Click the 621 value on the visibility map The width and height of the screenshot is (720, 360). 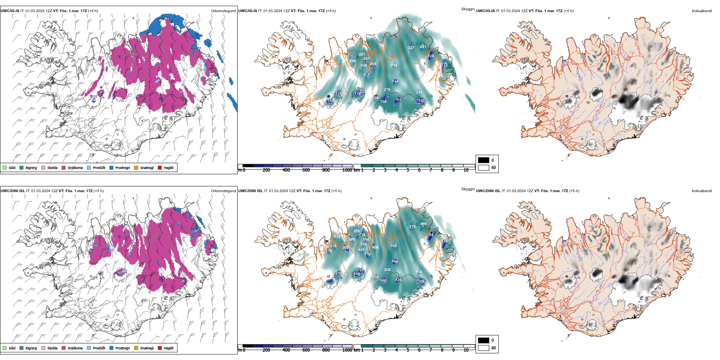point(423,47)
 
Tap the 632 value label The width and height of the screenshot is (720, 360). point(337,236)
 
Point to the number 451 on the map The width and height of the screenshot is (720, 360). point(361,250)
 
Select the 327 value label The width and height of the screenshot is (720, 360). point(411,48)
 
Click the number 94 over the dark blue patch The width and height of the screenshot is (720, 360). point(431,235)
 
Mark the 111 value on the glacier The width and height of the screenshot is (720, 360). point(399,100)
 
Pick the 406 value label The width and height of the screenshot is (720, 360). point(375,247)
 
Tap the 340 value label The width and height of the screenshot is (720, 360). point(352,61)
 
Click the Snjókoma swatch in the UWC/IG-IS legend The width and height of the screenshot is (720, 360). point(64,168)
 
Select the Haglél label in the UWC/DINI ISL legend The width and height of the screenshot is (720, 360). point(169,348)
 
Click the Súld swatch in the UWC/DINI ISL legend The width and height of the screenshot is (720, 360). point(5,348)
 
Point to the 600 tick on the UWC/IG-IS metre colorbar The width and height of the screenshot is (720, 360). point(306,170)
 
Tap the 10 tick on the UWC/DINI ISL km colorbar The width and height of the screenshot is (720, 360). point(466,350)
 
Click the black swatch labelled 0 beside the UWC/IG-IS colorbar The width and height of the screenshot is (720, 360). point(484,160)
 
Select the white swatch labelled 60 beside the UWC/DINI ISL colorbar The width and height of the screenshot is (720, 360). point(484,348)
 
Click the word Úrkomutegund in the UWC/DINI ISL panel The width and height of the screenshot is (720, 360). point(223,191)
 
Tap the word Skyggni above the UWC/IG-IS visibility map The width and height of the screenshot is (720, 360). point(468,9)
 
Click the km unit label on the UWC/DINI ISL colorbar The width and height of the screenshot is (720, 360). point(357,350)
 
